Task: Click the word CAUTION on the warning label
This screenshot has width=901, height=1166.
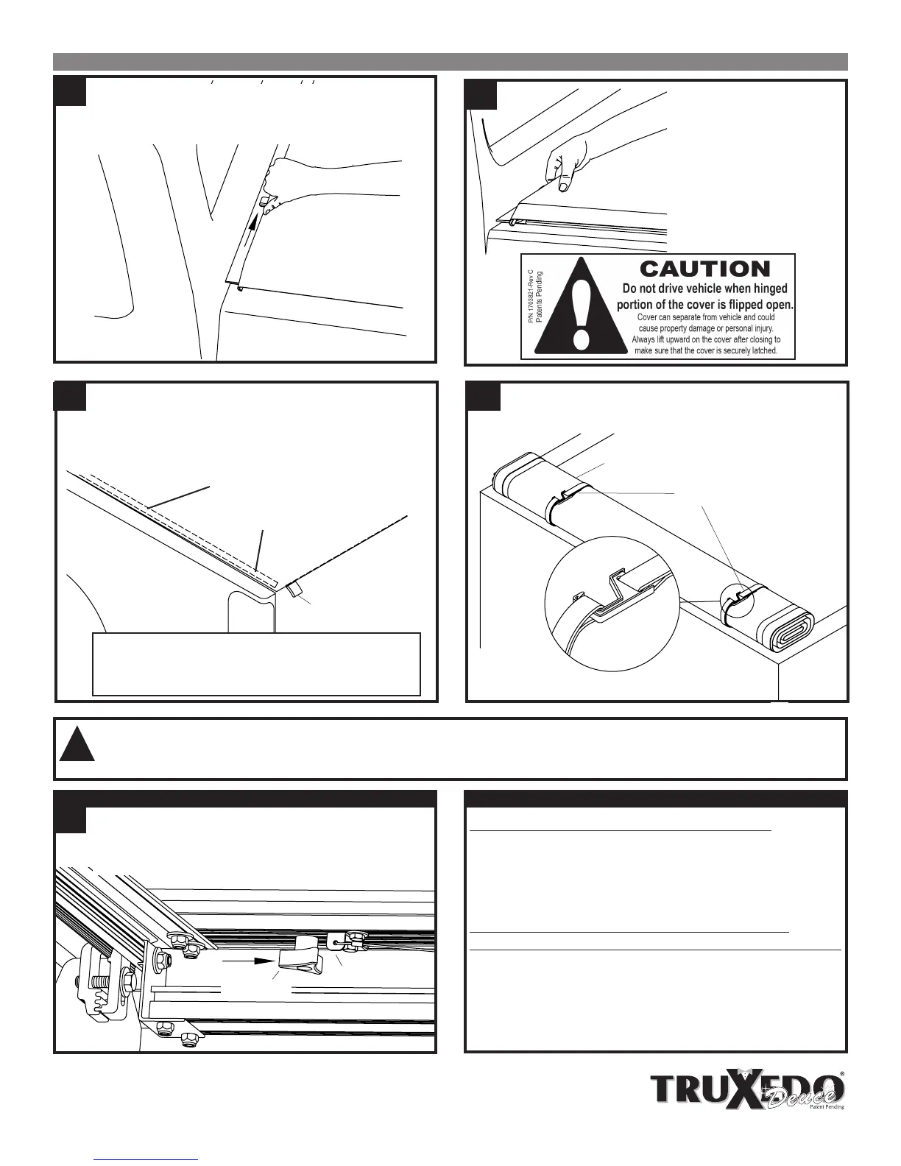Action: (705, 269)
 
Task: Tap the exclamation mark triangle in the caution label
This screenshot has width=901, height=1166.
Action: (581, 309)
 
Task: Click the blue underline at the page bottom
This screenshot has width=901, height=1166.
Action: (147, 1159)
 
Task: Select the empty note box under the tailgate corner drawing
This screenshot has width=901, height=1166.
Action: (256, 663)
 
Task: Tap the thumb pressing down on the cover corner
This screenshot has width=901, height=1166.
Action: (562, 183)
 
